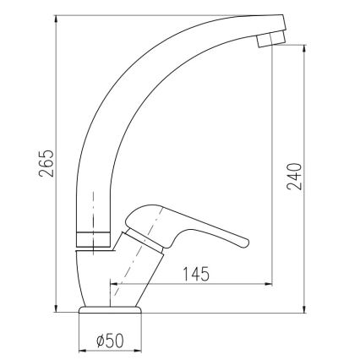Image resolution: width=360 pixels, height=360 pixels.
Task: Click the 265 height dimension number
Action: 46,163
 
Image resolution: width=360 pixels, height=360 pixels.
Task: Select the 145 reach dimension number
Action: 194,274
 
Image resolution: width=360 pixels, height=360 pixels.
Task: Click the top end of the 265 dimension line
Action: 54,14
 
